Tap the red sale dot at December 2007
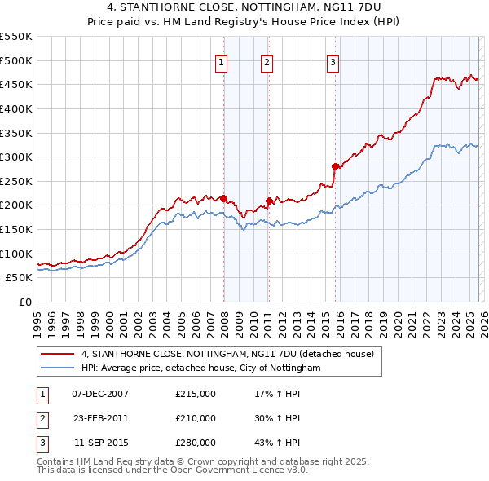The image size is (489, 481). [223, 197]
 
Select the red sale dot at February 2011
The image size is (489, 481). [268, 200]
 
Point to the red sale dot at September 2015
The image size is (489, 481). [335, 166]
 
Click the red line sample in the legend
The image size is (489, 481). [57, 355]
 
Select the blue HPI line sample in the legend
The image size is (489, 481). [57, 368]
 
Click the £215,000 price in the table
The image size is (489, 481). [196, 394]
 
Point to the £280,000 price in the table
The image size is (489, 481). [196, 443]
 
